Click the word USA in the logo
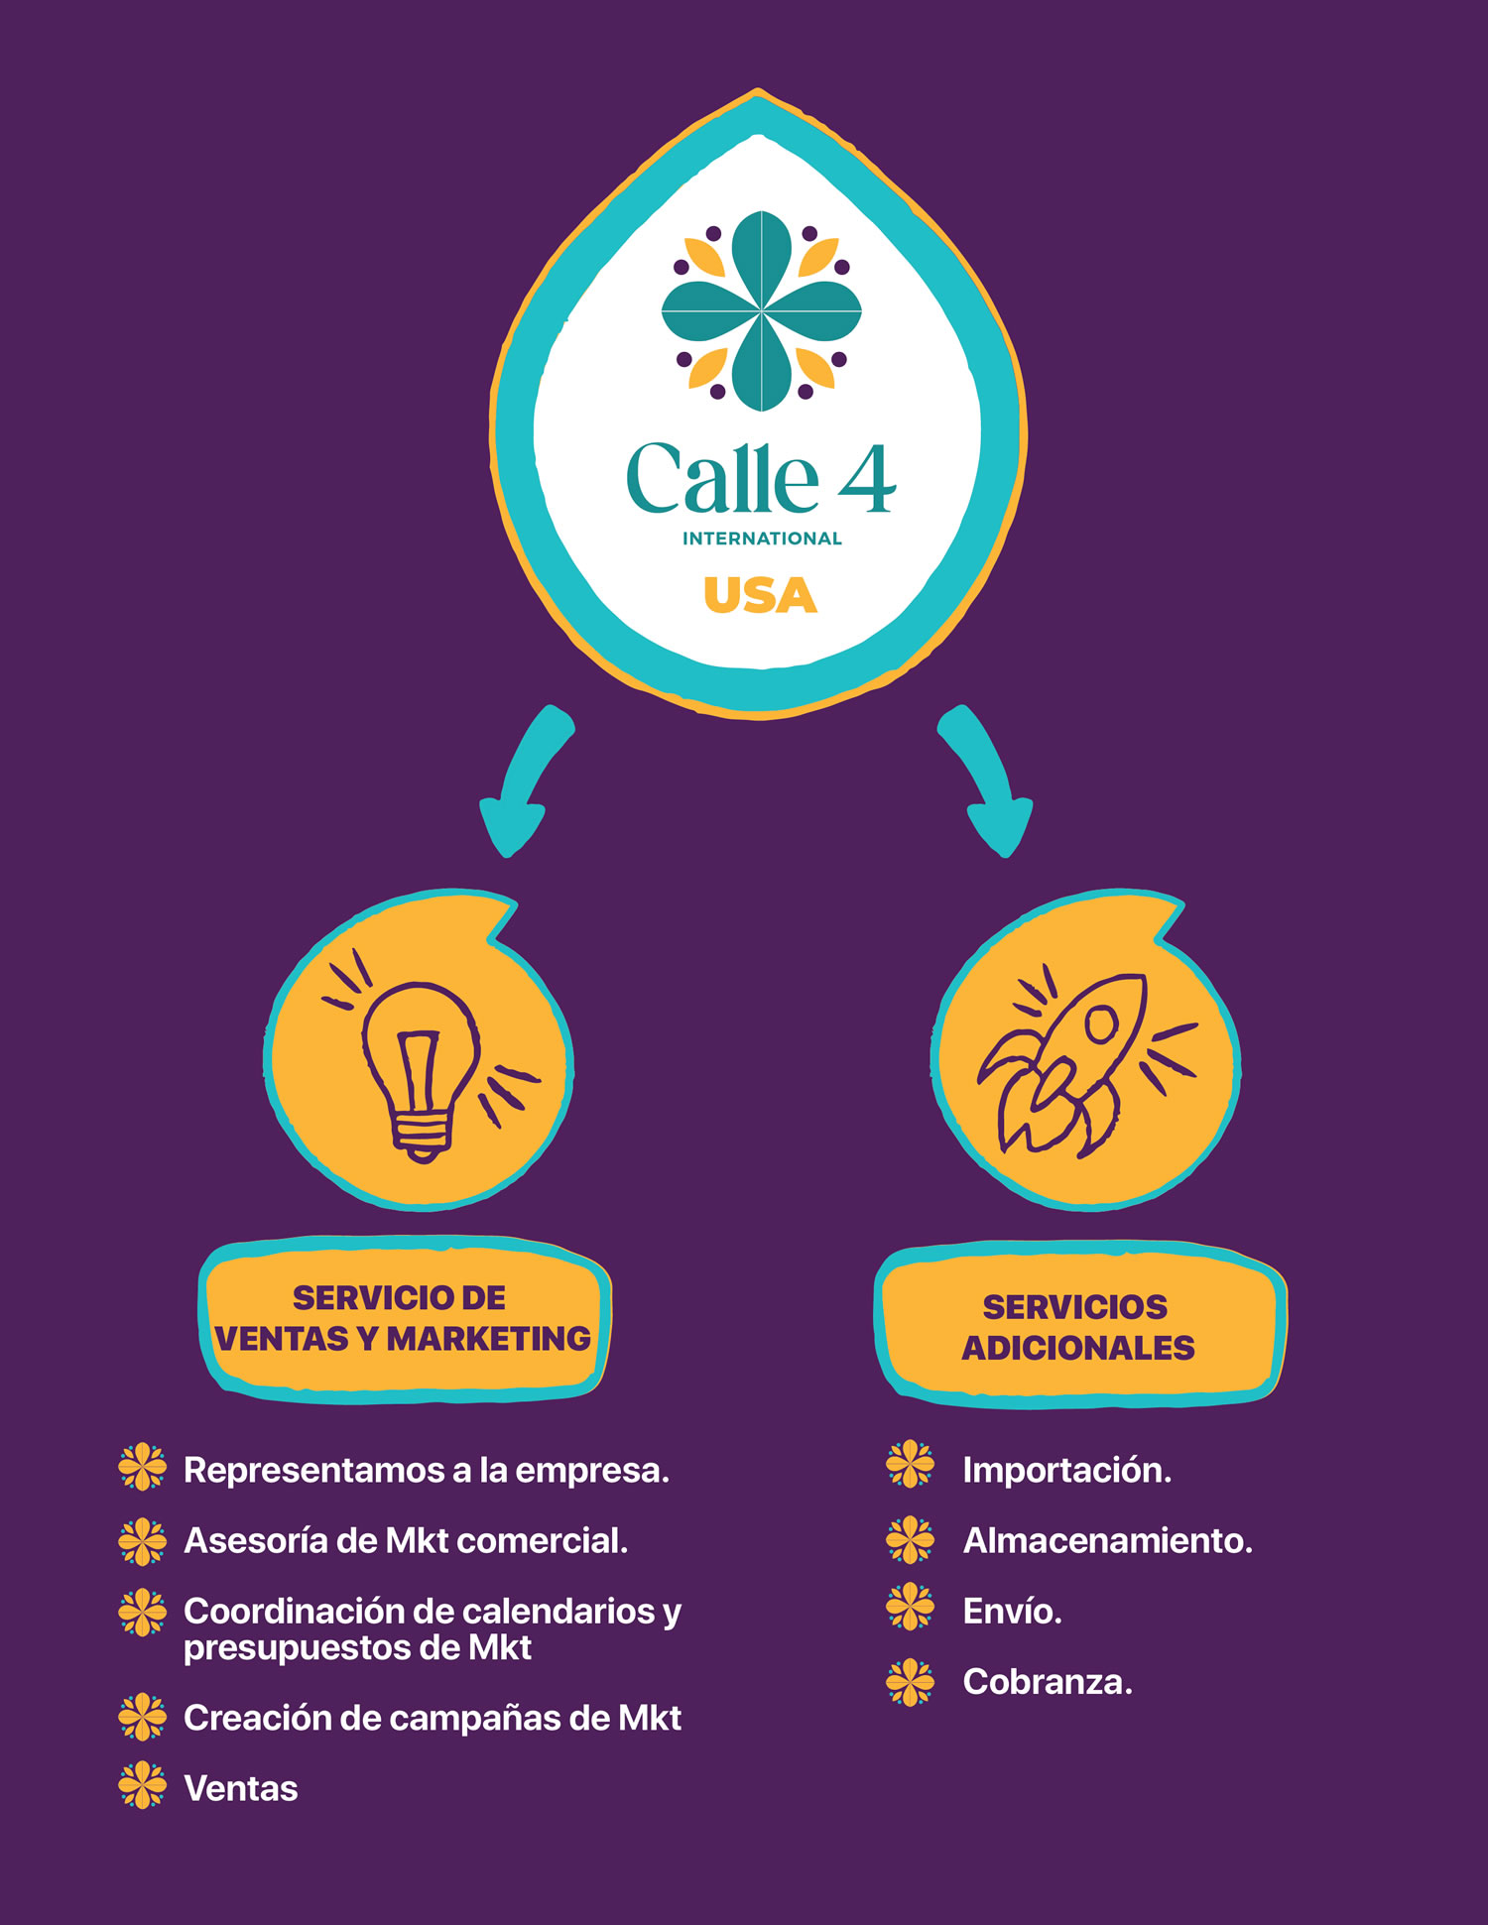point(760,595)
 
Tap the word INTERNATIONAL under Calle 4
point(762,539)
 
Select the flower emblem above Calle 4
point(761,311)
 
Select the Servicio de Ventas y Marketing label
point(403,1318)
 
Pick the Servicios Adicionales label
point(1078,1327)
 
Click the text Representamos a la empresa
point(427,1470)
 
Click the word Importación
point(1066,1470)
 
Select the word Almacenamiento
point(1107,1540)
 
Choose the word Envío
point(1012,1612)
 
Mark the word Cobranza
point(1047,1682)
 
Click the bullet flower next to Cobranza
point(910,1682)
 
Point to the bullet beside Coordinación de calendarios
point(143,1613)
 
